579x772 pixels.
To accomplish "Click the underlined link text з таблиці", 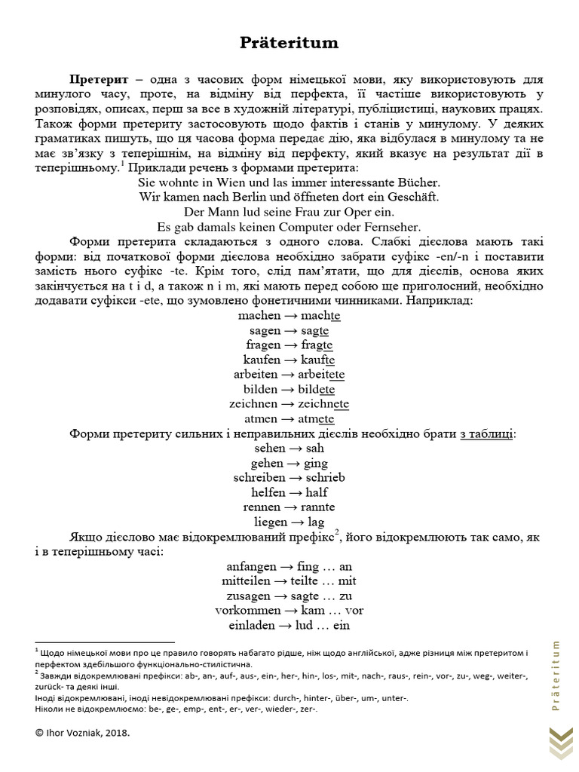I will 489,433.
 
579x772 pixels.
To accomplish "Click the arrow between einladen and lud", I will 293,624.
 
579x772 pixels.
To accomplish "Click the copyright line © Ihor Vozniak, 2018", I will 87,731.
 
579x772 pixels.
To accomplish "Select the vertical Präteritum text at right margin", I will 556,675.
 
